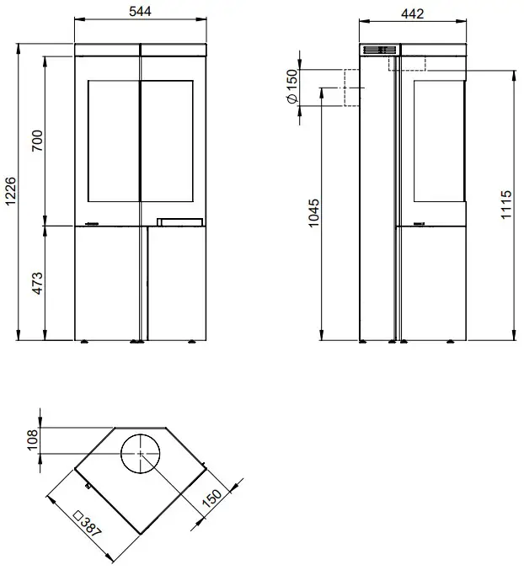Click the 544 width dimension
140,12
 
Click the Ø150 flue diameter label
291,87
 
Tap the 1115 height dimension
505,205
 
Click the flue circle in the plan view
139,455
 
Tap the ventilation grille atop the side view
378,51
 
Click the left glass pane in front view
112,141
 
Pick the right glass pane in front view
169,141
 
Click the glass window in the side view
438,141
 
